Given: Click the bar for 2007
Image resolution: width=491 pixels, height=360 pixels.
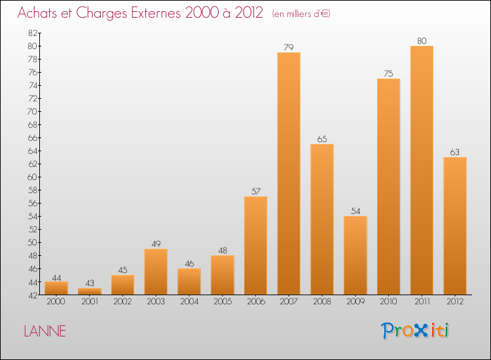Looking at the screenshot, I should [x=289, y=173].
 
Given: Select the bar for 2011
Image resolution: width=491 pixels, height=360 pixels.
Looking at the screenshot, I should [x=422, y=170].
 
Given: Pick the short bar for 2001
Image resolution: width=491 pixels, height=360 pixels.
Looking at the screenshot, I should [x=90, y=291].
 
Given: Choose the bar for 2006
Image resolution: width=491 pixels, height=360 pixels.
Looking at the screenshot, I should [x=255, y=245].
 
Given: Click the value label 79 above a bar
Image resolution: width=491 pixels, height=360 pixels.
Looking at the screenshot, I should [x=289, y=47].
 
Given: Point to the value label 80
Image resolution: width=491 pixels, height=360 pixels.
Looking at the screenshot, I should [x=422, y=41].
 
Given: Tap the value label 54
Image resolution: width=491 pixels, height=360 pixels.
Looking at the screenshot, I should [x=355, y=211].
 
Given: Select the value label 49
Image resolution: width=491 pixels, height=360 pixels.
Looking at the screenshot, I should [x=156, y=243].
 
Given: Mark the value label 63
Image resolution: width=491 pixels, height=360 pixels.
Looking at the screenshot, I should [x=455, y=152].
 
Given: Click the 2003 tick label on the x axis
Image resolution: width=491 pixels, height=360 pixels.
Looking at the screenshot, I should [x=156, y=302].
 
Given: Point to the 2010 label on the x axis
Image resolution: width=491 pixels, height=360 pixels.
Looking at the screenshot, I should [x=388, y=302].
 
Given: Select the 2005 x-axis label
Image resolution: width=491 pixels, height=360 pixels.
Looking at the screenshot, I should [x=223, y=302].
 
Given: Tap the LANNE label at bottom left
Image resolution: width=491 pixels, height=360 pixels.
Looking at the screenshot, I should [x=45, y=331].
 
